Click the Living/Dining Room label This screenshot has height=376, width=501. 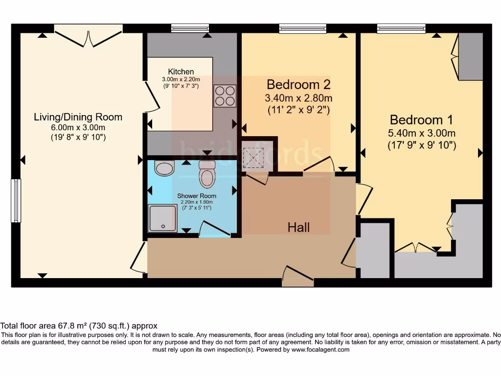click(78, 117)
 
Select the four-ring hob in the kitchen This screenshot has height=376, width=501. click(225, 96)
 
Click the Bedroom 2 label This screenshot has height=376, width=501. click(298, 84)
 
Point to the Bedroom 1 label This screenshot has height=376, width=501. click(421, 119)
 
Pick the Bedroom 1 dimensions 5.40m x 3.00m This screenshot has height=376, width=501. click(421, 133)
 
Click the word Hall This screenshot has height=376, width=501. click(298, 227)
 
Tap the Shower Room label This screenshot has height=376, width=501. click(196, 196)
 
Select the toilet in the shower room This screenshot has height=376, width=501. click(207, 175)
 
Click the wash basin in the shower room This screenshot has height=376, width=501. click(164, 168)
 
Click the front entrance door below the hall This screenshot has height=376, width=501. click(297, 277)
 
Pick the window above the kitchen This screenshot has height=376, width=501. click(190, 29)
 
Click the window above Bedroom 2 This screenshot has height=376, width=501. click(302, 29)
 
